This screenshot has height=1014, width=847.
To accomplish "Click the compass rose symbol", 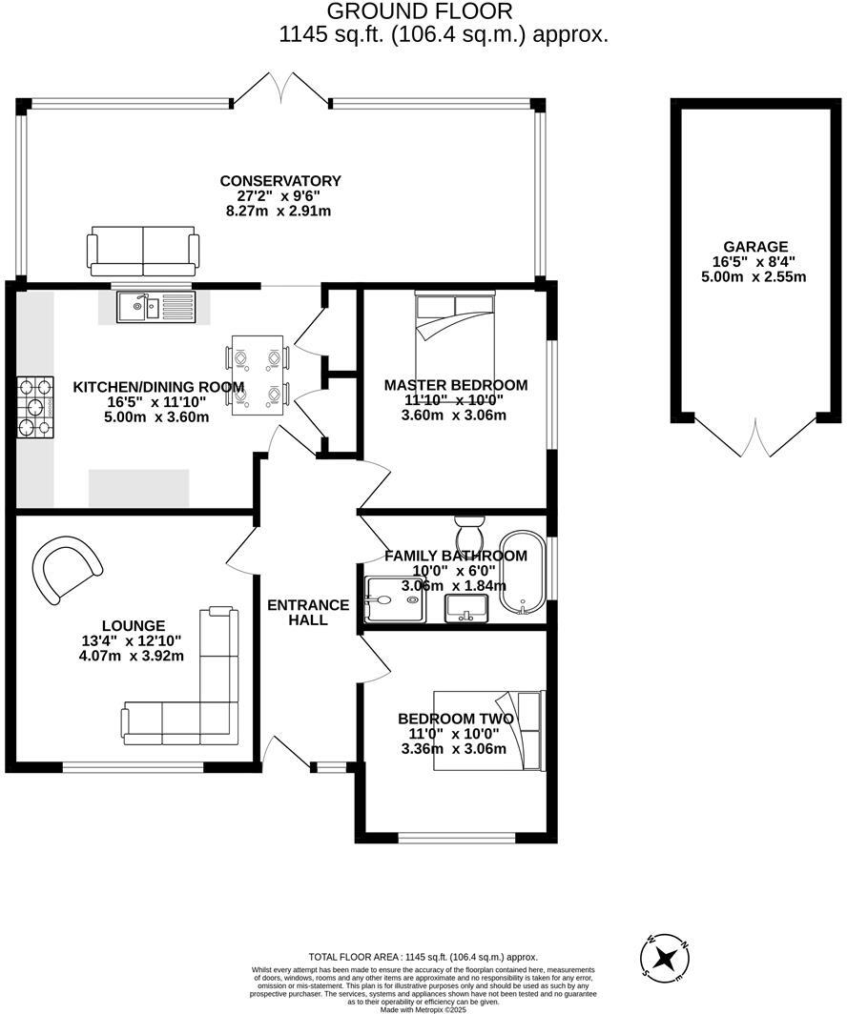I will [668, 956].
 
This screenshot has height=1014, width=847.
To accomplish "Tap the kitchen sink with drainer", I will [155, 307].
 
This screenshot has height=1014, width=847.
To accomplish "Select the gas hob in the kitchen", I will [35, 408].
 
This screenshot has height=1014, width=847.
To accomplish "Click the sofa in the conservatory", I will [143, 251].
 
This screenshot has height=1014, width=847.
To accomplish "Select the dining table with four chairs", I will [258, 374].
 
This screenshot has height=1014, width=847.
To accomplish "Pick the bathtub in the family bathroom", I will [525, 571].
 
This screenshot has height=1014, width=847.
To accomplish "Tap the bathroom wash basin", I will [466, 606].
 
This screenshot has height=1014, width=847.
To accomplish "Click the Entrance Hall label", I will [308, 612].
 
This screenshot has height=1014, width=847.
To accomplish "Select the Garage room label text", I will [754, 246].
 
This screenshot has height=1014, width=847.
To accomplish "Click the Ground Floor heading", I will [420, 11].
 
